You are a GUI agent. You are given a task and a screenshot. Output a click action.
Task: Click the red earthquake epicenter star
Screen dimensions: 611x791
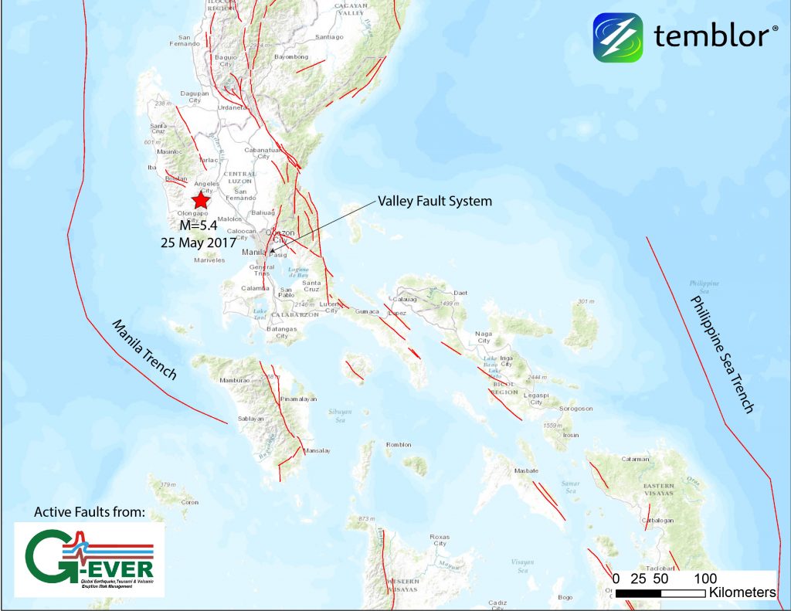point(199,202)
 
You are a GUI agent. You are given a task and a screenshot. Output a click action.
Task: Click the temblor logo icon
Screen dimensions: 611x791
point(617,37)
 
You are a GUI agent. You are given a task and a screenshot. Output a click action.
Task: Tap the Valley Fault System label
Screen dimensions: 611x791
point(434,201)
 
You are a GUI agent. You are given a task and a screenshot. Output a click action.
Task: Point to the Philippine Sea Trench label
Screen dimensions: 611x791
point(721,355)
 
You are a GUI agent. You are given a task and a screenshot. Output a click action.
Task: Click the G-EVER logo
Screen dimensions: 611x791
point(89,559)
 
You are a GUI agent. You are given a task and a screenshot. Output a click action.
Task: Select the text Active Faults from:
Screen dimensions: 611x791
point(90,512)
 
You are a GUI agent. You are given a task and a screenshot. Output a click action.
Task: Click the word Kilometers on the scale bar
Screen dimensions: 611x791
point(742,592)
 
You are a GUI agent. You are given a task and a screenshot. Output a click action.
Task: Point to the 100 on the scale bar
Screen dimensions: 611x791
point(704,578)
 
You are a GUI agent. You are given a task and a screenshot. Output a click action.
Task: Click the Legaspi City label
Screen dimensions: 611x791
point(535,399)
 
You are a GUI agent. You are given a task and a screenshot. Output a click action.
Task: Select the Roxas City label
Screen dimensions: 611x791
point(440,539)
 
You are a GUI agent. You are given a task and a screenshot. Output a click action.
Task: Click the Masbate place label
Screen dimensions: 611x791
point(526,470)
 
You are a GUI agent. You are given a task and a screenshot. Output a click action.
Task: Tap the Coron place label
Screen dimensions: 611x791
point(189,502)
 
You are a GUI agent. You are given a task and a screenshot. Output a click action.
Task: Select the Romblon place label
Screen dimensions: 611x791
point(399,444)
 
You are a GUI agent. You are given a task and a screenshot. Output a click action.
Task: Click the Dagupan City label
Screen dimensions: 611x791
point(194,97)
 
